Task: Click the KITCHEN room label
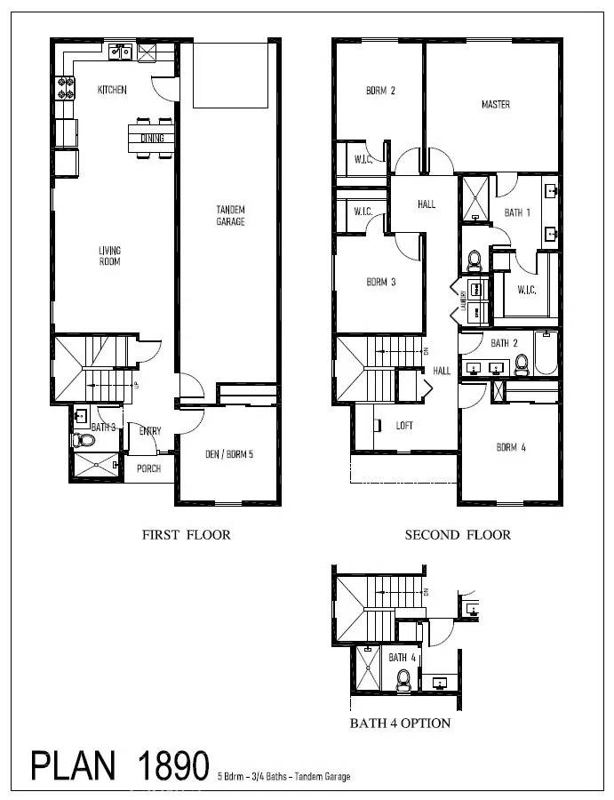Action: (112, 90)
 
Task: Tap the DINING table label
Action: (152, 138)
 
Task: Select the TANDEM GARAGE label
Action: (230, 215)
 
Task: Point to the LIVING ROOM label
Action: (109, 256)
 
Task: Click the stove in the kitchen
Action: (66, 88)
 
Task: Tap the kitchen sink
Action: (122, 52)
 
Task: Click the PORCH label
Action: (148, 468)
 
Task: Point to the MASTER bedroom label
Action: (495, 105)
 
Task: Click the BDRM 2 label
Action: (380, 91)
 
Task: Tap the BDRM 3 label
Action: (380, 282)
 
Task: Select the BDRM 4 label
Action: (511, 447)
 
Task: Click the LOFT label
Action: (404, 426)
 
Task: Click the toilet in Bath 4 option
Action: (404, 680)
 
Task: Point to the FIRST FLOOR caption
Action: (187, 535)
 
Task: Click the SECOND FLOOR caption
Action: (458, 535)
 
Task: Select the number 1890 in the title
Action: (173, 766)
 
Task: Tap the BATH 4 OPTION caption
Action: (400, 723)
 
